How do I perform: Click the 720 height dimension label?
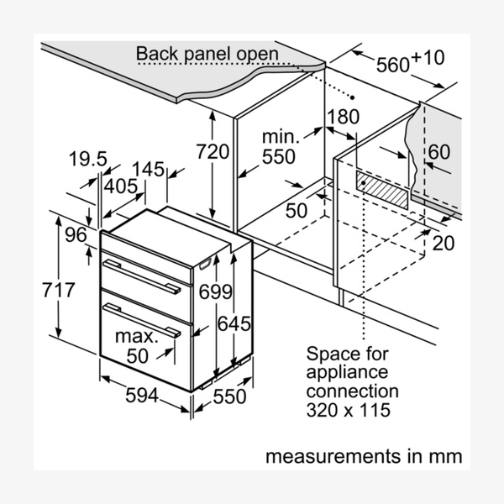(x=213, y=153)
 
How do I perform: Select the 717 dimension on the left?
(x=41, y=291)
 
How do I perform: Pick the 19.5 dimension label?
(x=88, y=159)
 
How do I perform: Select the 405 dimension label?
(x=122, y=186)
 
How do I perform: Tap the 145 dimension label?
(x=149, y=169)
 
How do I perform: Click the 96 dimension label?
(x=76, y=235)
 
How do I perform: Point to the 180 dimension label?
(x=343, y=117)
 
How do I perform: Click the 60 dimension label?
(x=438, y=152)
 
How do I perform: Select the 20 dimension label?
(x=444, y=243)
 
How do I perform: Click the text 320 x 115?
(x=349, y=411)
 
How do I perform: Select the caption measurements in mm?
(x=364, y=457)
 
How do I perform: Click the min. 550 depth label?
(x=279, y=145)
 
